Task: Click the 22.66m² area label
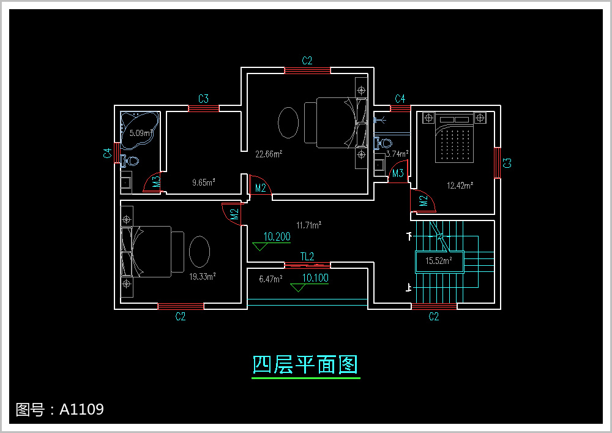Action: pyautogui.click(x=269, y=154)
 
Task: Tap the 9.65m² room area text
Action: pyautogui.click(x=203, y=183)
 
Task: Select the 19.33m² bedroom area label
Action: pyautogui.click(x=202, y=276)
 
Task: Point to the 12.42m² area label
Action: pyautogui.click(x=460, y=186)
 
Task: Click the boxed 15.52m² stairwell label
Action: pyautogui.click(x=439, y=261)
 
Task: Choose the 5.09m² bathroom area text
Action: pyautogui.click(x=141, y=133)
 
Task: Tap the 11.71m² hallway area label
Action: pyautogui.click(x=308, y=225)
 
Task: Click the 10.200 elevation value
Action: pyautogui.click(x=277, y=236)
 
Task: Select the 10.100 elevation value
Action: pyautogui.click(x=315, y=278)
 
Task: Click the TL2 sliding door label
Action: pyautogui.click(x=307, y=257)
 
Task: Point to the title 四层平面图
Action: pyautogui.click(x=305, y=364)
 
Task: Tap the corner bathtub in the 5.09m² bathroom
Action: pyautogui.click(x=140, y=130)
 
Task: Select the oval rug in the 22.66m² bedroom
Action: pyautogui.click(x=288, y=122)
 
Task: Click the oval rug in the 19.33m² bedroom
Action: pyautogui.click(x=200, y=252)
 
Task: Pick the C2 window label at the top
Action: pyautogui.click(x=307, y=61)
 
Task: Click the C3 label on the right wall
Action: pyautogui.click(x=507, y=163)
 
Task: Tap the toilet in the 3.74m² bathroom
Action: pyautogui.click(x=383, y=143)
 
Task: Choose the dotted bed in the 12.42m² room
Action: pyautogui.click(x=454, y=138)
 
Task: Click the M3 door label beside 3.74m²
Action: pyautogui.click(x=398, y=173)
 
